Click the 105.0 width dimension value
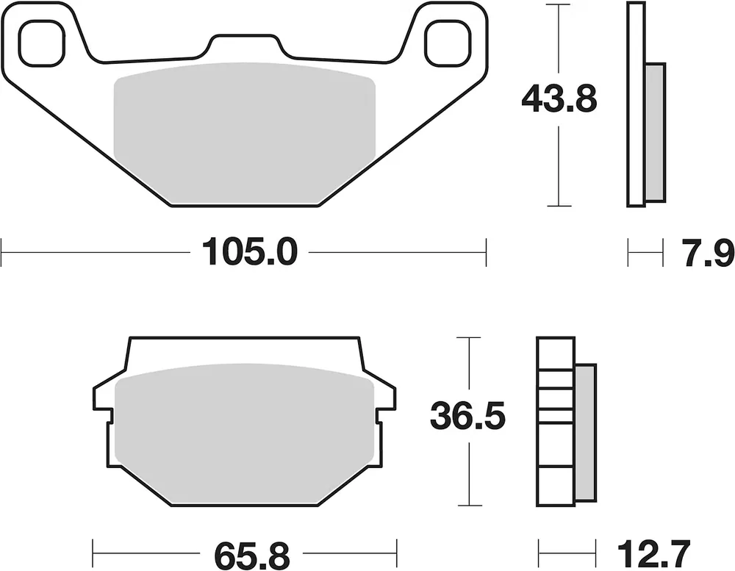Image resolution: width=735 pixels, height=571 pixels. (x=249, y=252)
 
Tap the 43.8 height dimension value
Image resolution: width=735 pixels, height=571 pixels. (x=559, y=99)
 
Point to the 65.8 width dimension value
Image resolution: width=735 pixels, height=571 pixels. (x=252, y=556)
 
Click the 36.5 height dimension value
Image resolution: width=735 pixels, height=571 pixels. (x=468, y=415)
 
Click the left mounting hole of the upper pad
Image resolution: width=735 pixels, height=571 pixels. (x=41, y=43)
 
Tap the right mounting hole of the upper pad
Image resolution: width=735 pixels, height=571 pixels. (x=448, y=43)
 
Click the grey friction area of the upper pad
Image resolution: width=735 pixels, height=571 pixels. (x=245, y=134)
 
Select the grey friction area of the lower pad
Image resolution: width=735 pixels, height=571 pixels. (x=245, y=434)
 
